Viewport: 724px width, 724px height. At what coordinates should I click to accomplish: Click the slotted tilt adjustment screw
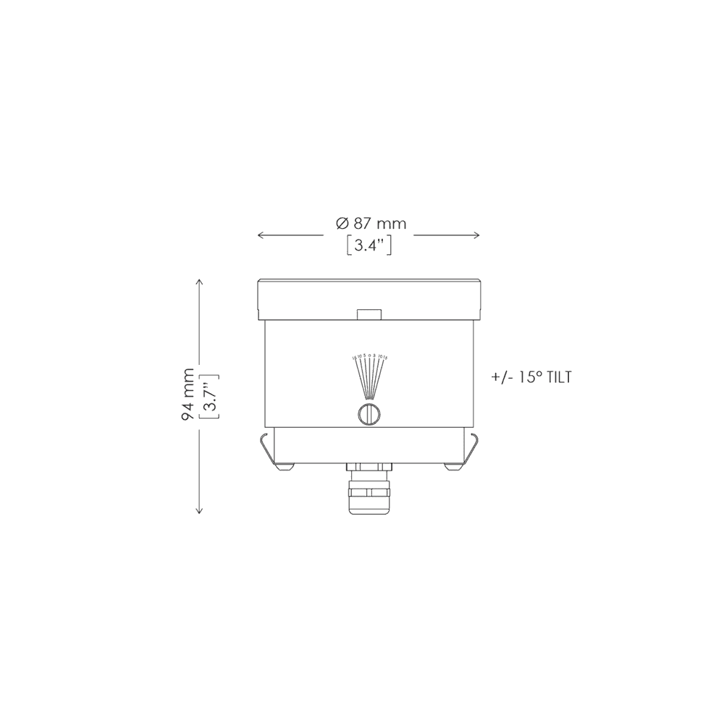point(369,414)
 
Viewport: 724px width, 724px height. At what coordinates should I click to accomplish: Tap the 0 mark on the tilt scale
point(369,357)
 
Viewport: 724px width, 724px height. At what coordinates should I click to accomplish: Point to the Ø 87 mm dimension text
point(371,224)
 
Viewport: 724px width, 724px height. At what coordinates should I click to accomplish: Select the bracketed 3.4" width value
point(370,245)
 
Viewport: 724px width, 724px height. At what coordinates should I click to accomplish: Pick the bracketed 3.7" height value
point(209,395)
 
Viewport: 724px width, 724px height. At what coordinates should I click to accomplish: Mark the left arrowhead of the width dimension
point(261,235)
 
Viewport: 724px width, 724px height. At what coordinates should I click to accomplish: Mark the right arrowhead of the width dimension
point(477,235)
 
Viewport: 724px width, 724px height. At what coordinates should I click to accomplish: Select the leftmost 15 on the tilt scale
point(354,358)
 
